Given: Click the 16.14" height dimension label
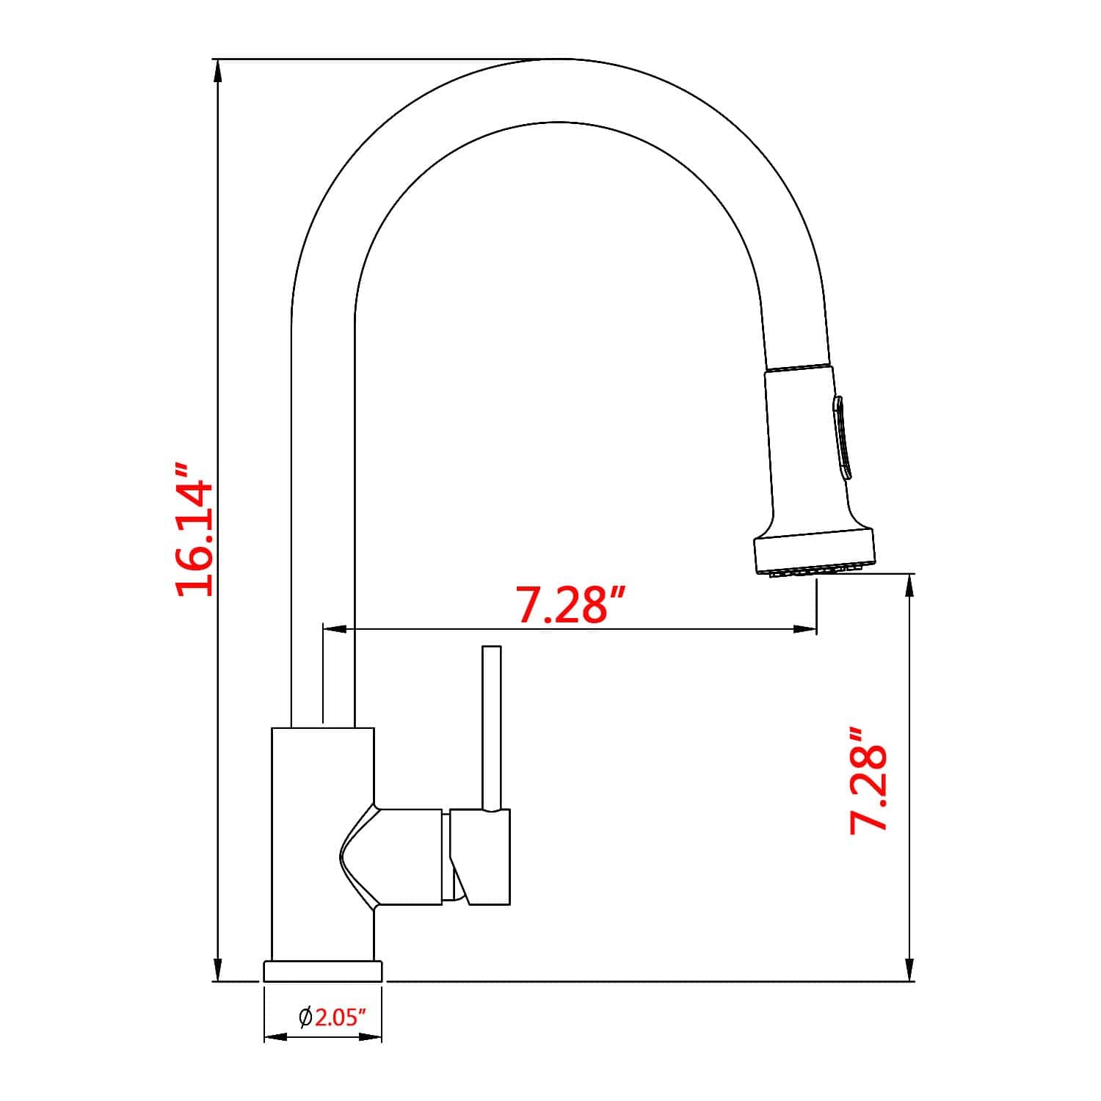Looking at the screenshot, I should click(x=195, y=529).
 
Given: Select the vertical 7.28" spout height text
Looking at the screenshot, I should click(x=870, y=780).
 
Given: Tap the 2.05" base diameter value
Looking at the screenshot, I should click(x=340, y=1017).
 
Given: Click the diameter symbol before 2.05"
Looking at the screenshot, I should click(x=305, y=1017).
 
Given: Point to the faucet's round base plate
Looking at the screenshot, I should click(x=323, y=970).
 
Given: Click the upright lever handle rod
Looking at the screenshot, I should click(x=491, y=727).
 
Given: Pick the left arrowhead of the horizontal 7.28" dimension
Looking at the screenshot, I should click(x=335, y=628).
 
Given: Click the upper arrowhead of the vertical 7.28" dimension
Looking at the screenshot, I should click(x=910, y=586).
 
